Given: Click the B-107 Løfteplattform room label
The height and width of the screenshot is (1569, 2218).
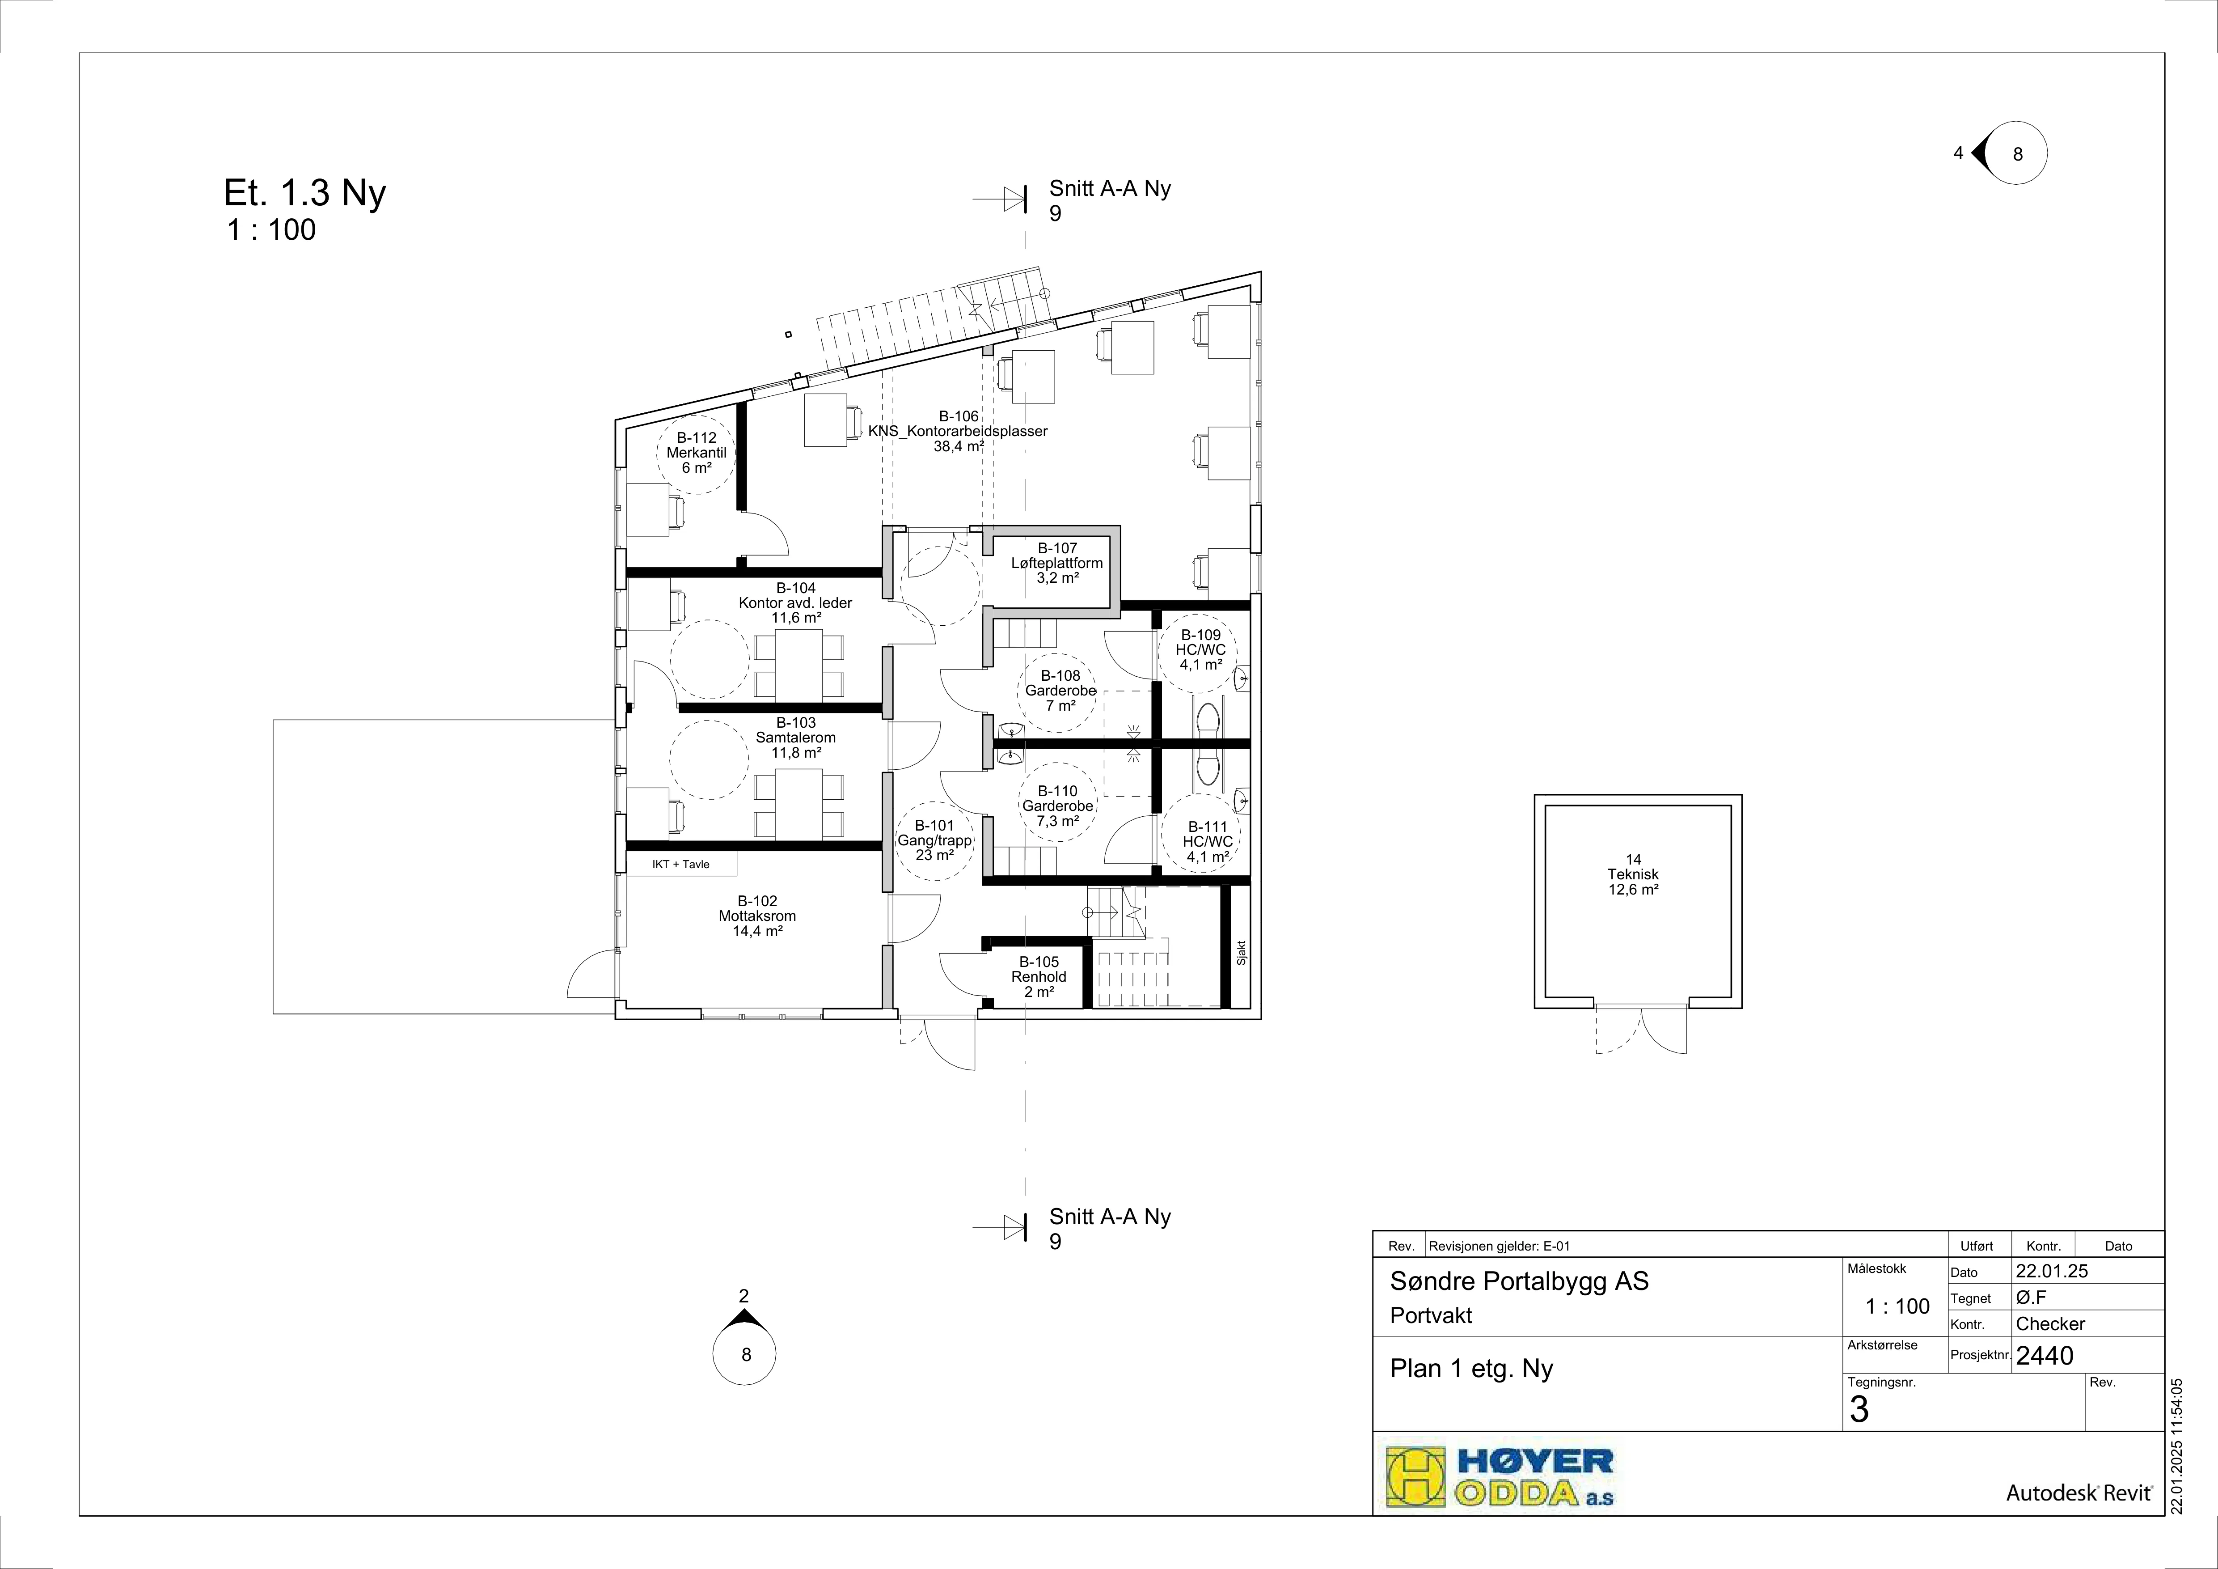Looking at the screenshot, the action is tap(1057, 563).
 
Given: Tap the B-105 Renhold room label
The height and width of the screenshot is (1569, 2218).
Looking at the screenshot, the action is tap(1039, 977).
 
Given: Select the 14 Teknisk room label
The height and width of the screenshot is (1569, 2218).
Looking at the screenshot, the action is tap(1634, 874).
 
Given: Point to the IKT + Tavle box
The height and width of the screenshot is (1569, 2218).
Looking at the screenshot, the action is tap(681, 864).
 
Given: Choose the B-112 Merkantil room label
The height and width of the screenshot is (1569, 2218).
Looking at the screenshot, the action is tap(697, 452).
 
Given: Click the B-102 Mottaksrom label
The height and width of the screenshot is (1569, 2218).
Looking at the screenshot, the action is tap(757, 916).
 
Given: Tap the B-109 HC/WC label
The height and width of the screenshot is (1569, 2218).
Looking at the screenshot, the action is tap(1201, 650).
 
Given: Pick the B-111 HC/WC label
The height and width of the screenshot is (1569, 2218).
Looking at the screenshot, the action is tap(1208, 841).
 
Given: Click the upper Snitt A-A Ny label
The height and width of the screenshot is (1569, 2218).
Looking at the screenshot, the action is tap(1110, 188).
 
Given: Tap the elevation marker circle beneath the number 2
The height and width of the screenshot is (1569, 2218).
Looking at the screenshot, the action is tap(744, 1354).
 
